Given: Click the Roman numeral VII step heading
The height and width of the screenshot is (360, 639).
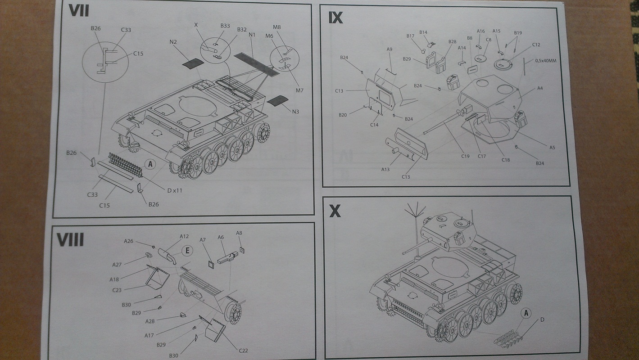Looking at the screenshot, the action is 79,11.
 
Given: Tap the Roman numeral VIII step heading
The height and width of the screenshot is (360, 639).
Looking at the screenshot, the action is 70,239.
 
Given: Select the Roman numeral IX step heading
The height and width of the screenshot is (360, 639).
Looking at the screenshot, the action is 335,18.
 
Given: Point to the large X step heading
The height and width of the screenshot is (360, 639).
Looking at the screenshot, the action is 335,211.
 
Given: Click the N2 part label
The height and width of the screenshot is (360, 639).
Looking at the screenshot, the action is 173,42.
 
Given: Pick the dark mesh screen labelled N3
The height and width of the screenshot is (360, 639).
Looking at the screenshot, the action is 277,101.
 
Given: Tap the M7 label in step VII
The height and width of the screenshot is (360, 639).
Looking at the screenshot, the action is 299,90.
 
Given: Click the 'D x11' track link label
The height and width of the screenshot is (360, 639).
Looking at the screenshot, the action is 174,190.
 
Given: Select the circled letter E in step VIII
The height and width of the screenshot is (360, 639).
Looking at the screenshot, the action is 187,251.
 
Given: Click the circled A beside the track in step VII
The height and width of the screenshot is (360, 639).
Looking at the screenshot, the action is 150,164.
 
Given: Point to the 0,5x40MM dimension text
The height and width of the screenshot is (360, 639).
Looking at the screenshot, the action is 545,60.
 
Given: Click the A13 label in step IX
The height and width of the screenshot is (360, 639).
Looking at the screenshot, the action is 385,169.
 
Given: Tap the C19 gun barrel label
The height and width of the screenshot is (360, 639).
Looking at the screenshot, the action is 465,156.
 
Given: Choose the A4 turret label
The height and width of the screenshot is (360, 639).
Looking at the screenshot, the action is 540,88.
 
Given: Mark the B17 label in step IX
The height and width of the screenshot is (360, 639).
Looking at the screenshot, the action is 410,36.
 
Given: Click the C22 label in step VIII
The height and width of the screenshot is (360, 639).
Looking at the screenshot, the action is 243,351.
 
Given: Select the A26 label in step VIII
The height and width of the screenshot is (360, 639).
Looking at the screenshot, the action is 128,241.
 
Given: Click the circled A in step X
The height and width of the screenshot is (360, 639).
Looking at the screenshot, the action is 526,313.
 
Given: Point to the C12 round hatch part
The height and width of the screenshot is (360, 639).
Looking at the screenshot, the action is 503,64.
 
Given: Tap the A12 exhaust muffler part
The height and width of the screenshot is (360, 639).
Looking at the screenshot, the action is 167,255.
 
